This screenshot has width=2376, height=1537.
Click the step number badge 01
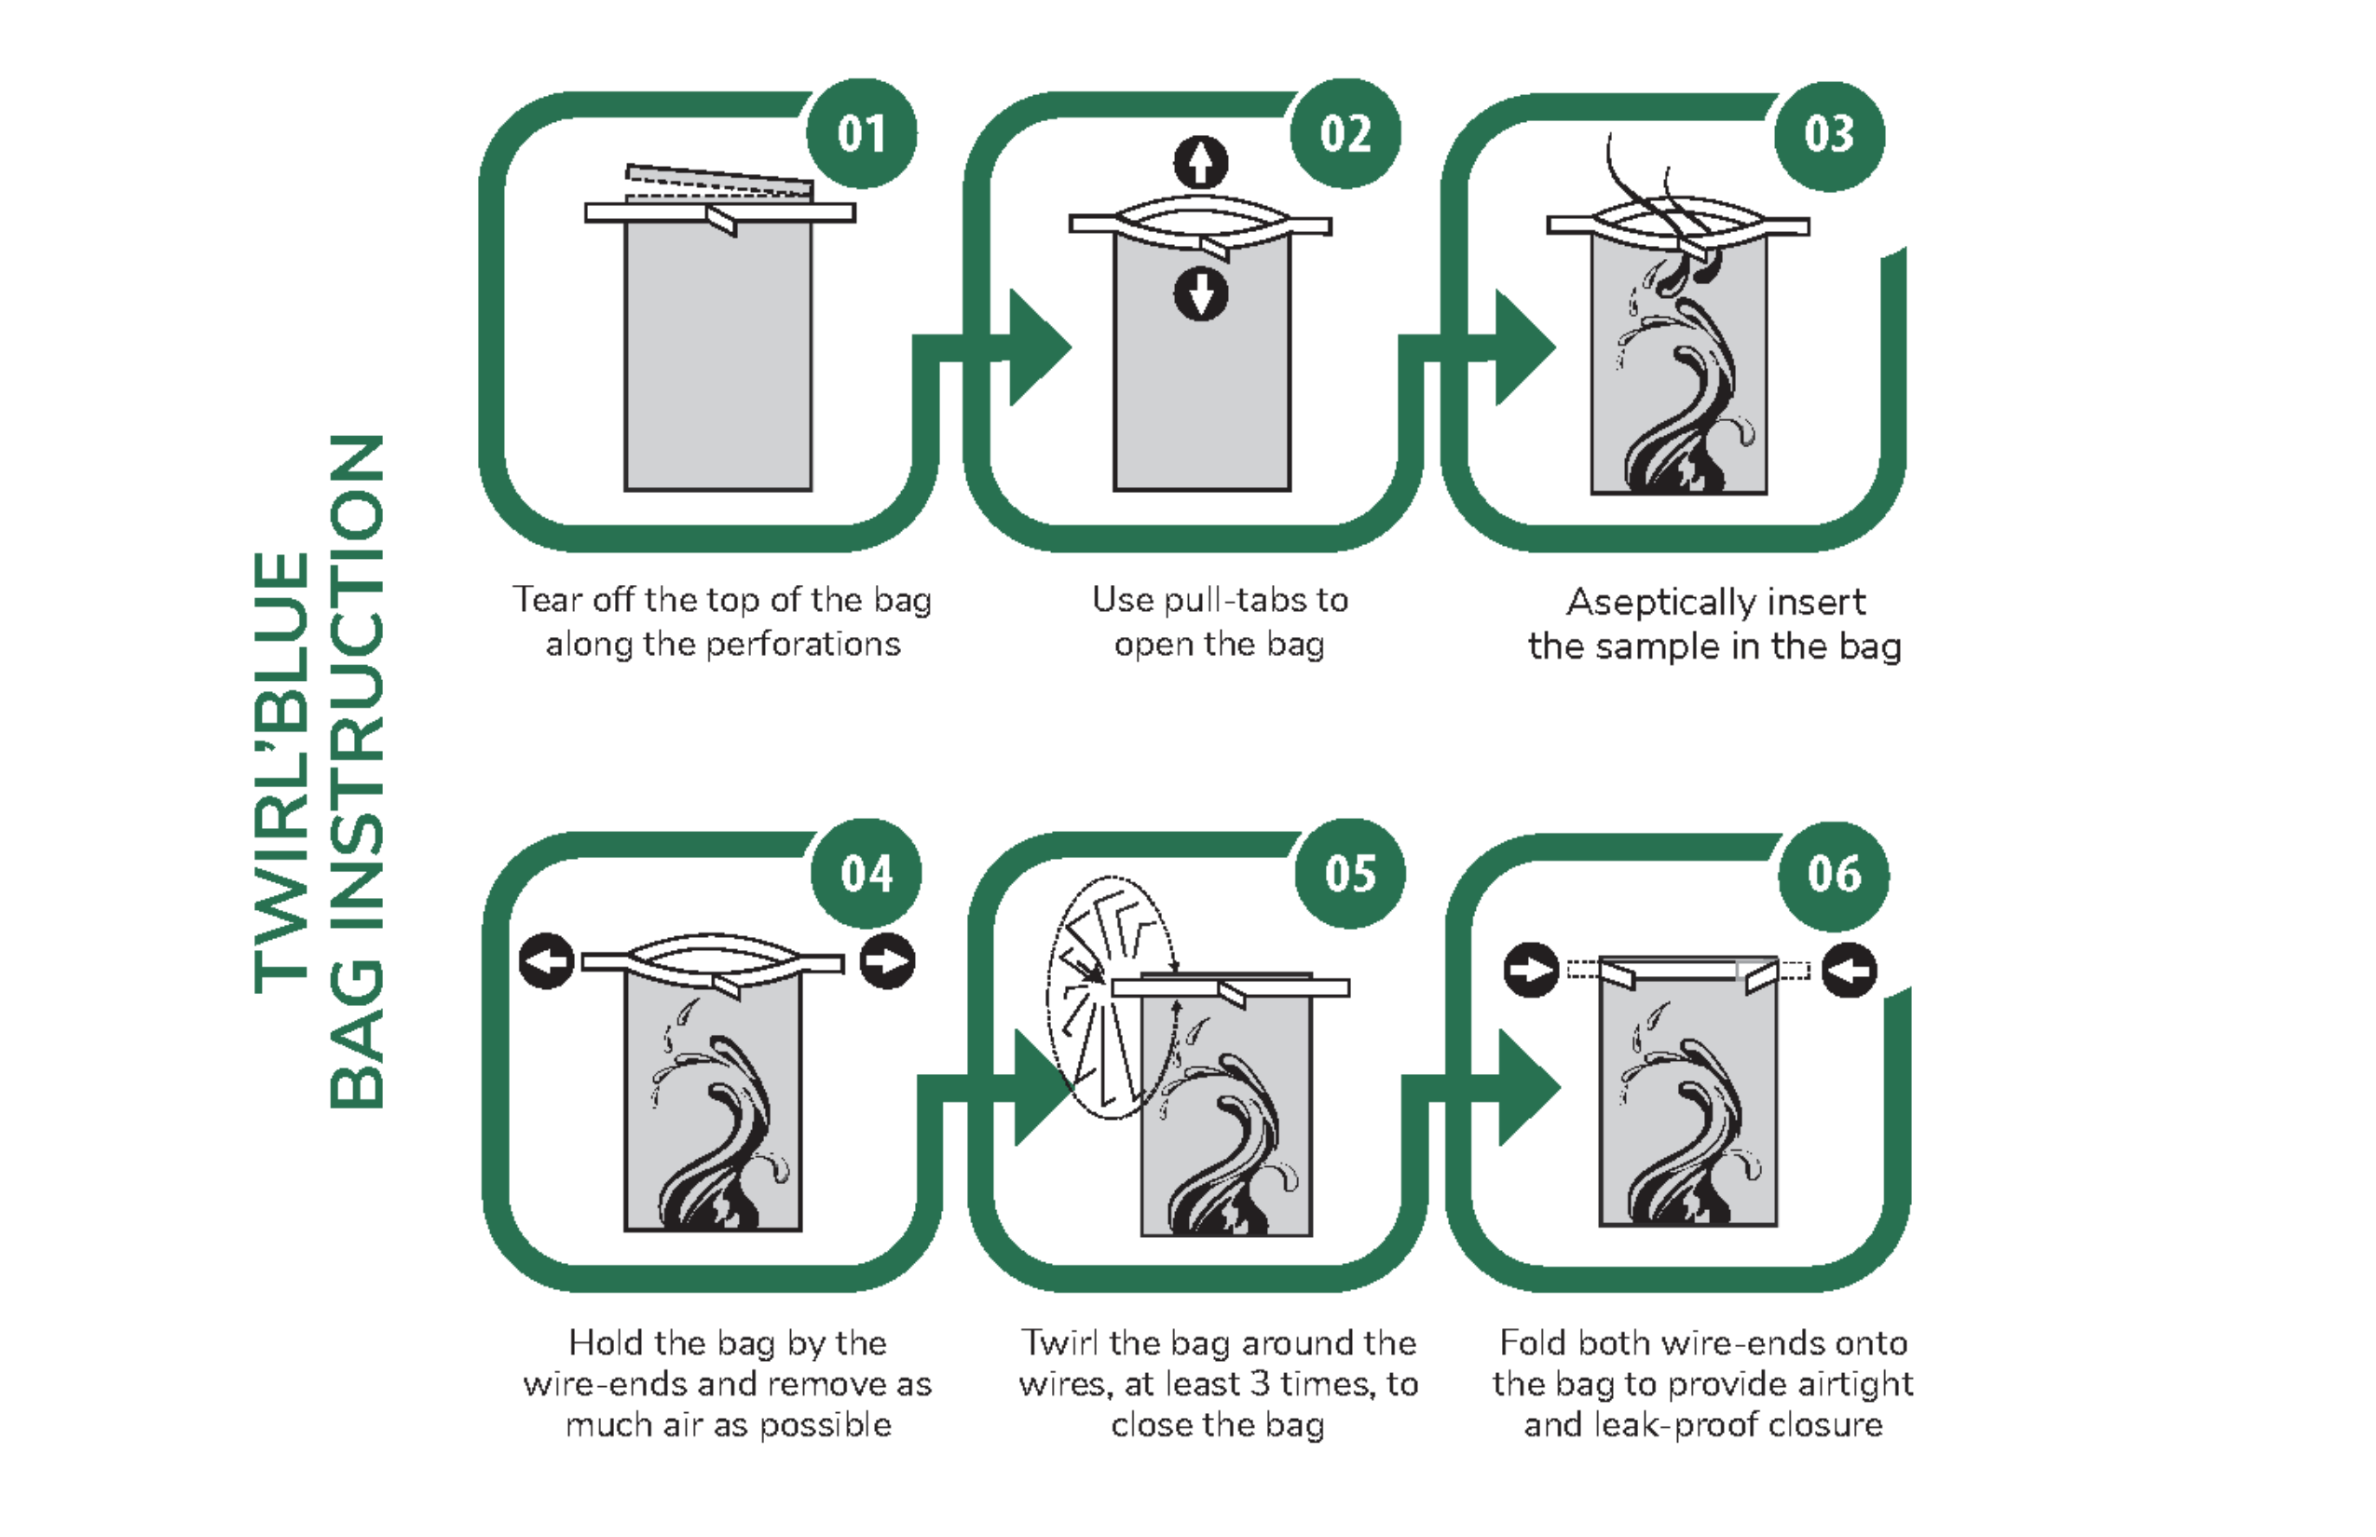[862, 134]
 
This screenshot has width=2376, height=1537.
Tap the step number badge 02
[1345, 134]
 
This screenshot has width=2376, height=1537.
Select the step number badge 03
[1829, 136]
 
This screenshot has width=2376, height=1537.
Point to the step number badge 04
[867, 875]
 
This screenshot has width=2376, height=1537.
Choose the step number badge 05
[1351, 875]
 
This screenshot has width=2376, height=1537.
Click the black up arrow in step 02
[1201, 163]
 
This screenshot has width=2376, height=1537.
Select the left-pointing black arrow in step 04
[547, 961]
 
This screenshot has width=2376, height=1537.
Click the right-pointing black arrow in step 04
[887, 961]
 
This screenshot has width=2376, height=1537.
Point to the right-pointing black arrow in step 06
[1532, 970]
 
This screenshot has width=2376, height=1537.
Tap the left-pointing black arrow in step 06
[1849, 970]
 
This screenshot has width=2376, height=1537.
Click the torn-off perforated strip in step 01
[719, 182]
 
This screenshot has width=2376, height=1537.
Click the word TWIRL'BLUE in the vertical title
[282, 772]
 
